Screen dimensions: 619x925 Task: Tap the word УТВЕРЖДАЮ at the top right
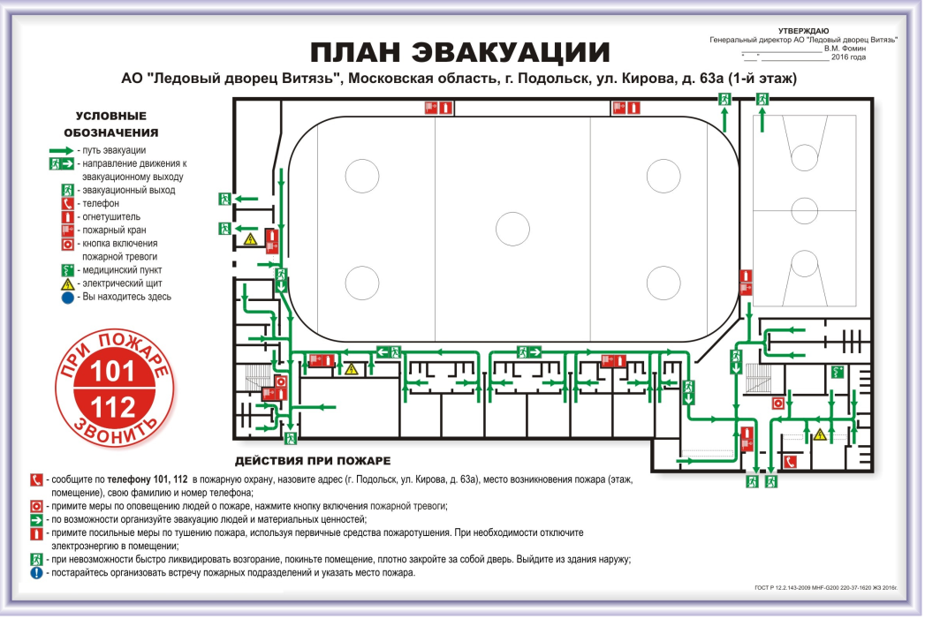coord(803,31)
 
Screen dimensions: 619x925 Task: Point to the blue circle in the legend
coord(67,298)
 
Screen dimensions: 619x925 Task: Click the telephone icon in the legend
coord(67,203)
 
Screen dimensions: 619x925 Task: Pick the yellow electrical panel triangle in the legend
coord(67,284)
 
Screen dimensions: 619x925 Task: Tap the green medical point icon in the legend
coord(67,270)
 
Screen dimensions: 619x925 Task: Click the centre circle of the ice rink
coord(512,230)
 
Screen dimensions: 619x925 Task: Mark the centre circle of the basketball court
coord(804,210)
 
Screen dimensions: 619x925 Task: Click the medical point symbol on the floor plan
coord(837,373)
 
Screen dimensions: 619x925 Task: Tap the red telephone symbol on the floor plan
coord(792,461)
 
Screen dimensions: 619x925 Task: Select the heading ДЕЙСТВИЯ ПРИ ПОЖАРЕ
coord(313,461)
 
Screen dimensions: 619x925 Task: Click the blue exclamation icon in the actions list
coord(36,573)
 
